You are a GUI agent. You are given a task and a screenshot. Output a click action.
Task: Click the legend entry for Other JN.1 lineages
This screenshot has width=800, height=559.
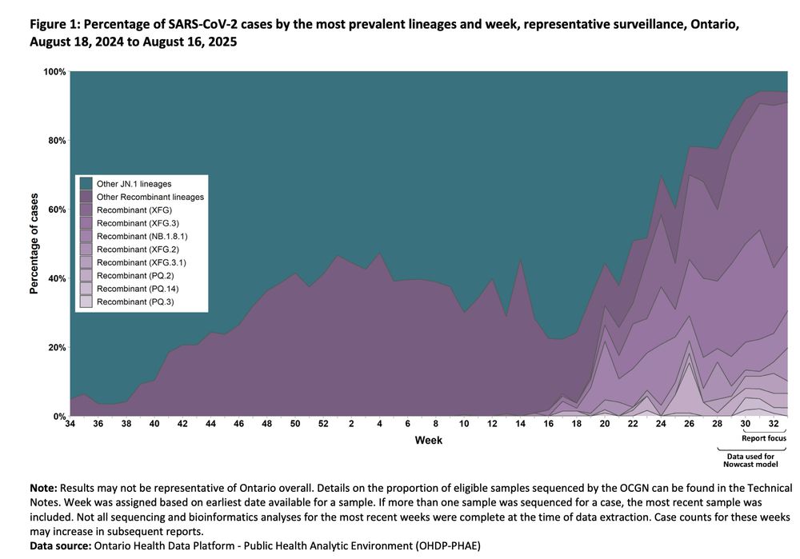[134, 184]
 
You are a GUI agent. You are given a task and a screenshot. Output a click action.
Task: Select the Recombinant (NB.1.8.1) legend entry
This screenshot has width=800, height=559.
[142, 236]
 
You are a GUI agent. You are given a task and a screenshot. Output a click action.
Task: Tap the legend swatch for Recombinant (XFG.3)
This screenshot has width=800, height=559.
[86, 223]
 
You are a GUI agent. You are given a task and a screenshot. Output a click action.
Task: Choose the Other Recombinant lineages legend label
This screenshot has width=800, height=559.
[150, 197]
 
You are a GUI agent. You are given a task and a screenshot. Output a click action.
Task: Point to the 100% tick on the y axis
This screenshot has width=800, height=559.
[54, 72]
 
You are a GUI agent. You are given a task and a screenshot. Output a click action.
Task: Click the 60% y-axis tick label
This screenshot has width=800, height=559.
[57, 210]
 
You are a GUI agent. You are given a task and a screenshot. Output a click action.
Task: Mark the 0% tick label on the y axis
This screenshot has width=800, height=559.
[59, 417]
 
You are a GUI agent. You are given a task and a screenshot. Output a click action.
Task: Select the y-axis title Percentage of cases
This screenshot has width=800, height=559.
[34, 244]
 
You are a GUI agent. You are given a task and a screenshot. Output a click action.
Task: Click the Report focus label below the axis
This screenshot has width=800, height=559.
[764, 438]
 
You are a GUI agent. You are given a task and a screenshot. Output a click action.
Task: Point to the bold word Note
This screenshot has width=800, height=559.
[42, 487]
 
